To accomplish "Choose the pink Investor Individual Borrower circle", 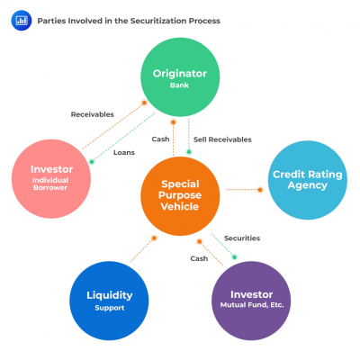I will (x=51, y=175).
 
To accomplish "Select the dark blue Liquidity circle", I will (x=109, y=300).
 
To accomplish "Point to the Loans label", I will (x=123, y=152).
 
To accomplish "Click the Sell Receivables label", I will (x=222, y=139).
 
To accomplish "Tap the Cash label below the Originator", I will (x=160, y=139).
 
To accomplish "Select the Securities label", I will (x=242, y=238).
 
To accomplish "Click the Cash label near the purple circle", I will (x=200, y=258).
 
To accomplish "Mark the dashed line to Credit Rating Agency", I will (x=243, y=190).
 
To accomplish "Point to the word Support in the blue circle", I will (x=109, y=308).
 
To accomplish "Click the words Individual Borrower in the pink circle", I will (x=51, y=184).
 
